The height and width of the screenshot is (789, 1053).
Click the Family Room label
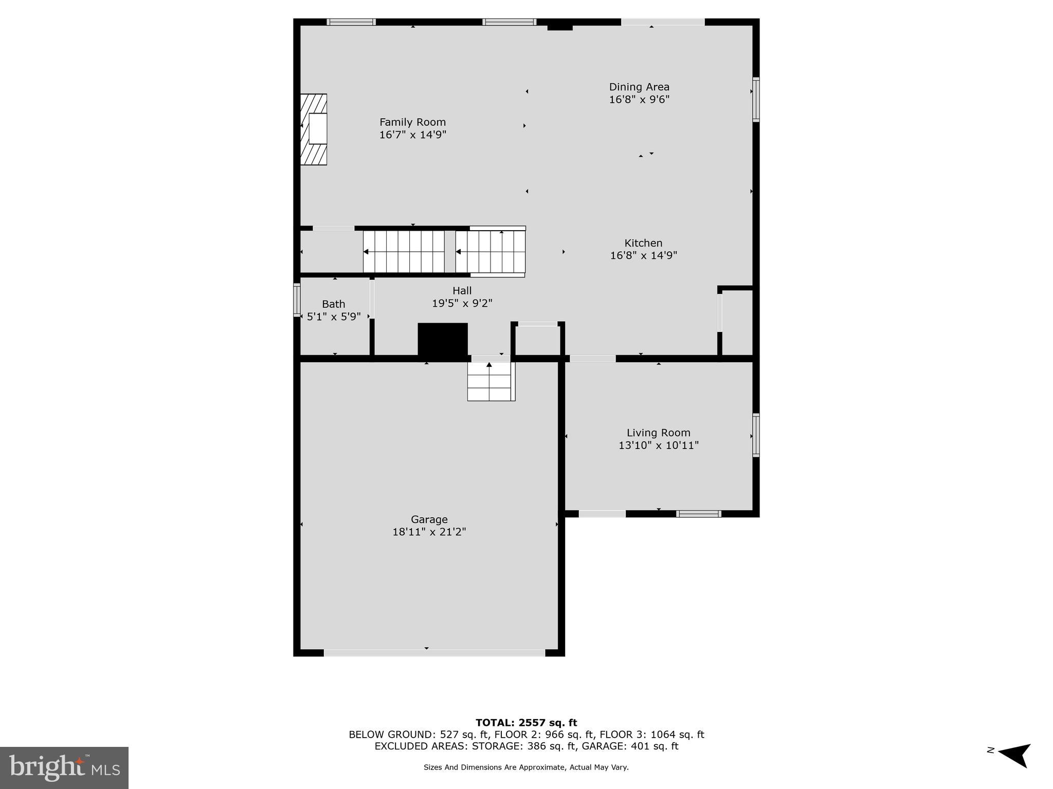pos(412,122)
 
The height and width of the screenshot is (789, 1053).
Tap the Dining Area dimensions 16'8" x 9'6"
pos(639,100)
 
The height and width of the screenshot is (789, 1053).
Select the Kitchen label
pos(643,243)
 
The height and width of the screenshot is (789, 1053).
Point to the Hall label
pos(462,291)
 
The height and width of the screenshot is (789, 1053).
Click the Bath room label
pos(333,304)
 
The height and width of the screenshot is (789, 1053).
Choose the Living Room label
pos(658,433)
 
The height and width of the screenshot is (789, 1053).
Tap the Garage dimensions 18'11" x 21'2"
pos(429,532)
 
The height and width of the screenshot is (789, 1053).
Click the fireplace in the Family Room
pos(314,129)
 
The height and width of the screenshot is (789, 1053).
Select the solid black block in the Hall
pos(443,339)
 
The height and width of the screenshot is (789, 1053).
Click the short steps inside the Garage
pos(491,381)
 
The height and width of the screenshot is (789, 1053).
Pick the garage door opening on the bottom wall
pos(434,653)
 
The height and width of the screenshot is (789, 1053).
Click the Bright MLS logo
pos(64,767)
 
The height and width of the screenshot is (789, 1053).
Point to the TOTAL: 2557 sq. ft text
pos(526,723)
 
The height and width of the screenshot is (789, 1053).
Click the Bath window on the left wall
pos(297,299)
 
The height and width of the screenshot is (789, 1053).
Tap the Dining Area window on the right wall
pos(755,99)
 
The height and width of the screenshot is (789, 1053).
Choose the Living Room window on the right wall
pos(755,435)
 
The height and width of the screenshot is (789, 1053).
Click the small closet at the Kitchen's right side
pos(737,322)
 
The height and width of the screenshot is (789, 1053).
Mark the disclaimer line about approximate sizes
pos(526,767)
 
